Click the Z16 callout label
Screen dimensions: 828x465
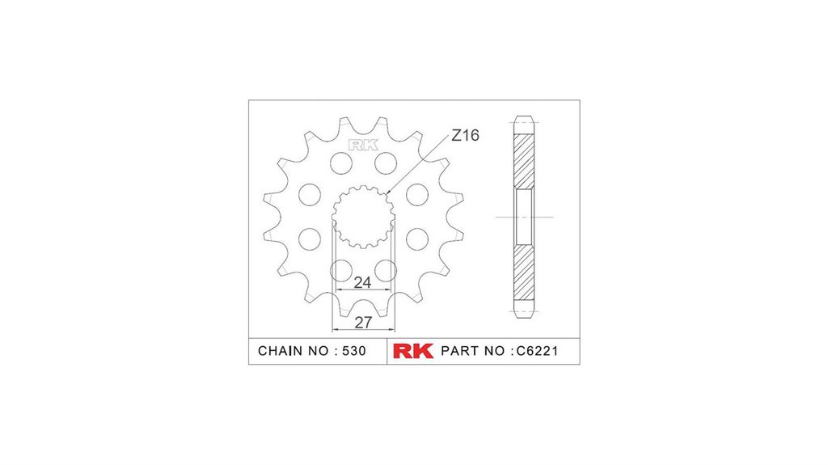coord(465,135)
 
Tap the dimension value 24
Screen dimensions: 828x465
coord(362,283)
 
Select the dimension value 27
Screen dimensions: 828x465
coord(363,323)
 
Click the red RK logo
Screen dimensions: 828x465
coord(413,351)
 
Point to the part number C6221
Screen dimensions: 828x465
coord(537,351)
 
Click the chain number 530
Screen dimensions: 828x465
coord(354,351)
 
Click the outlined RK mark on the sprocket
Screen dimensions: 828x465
coord(363,145)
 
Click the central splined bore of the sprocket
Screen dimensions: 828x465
coord(363,217)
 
